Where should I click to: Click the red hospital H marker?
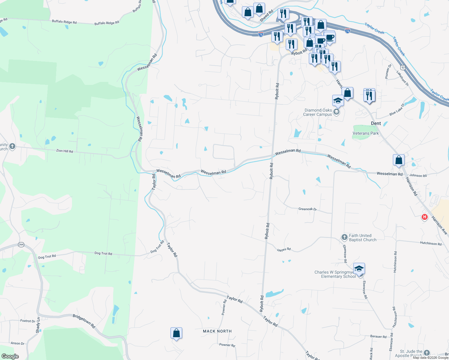[x=424, y=217]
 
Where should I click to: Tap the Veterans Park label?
[x=366, y=133]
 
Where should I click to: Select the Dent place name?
[x=376, y=123]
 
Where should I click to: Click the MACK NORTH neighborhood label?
[x=217, y=331]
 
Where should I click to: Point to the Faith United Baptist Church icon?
[x=345, y=237]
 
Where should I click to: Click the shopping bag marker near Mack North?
[x=176, y=333]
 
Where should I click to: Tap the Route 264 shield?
[x=21, y=244]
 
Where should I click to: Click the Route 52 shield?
[x=403, y=68]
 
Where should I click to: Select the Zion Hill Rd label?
[x=65, y=151]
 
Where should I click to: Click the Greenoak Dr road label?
[x=307, y=209]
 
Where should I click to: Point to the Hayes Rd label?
[x=284, y=249]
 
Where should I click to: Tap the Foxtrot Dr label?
[x=28, y=321]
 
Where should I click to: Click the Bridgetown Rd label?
[x=84, y=321]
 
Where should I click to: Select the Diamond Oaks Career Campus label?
[x=318, y=112]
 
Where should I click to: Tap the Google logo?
[x=10, y=356]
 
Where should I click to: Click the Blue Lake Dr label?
[x=397, y=110]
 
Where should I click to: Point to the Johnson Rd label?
[x=418, y=175]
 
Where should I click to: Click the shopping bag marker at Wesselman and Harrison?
[x=399, y=160]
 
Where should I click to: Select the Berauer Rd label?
[x=378, y=337]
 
